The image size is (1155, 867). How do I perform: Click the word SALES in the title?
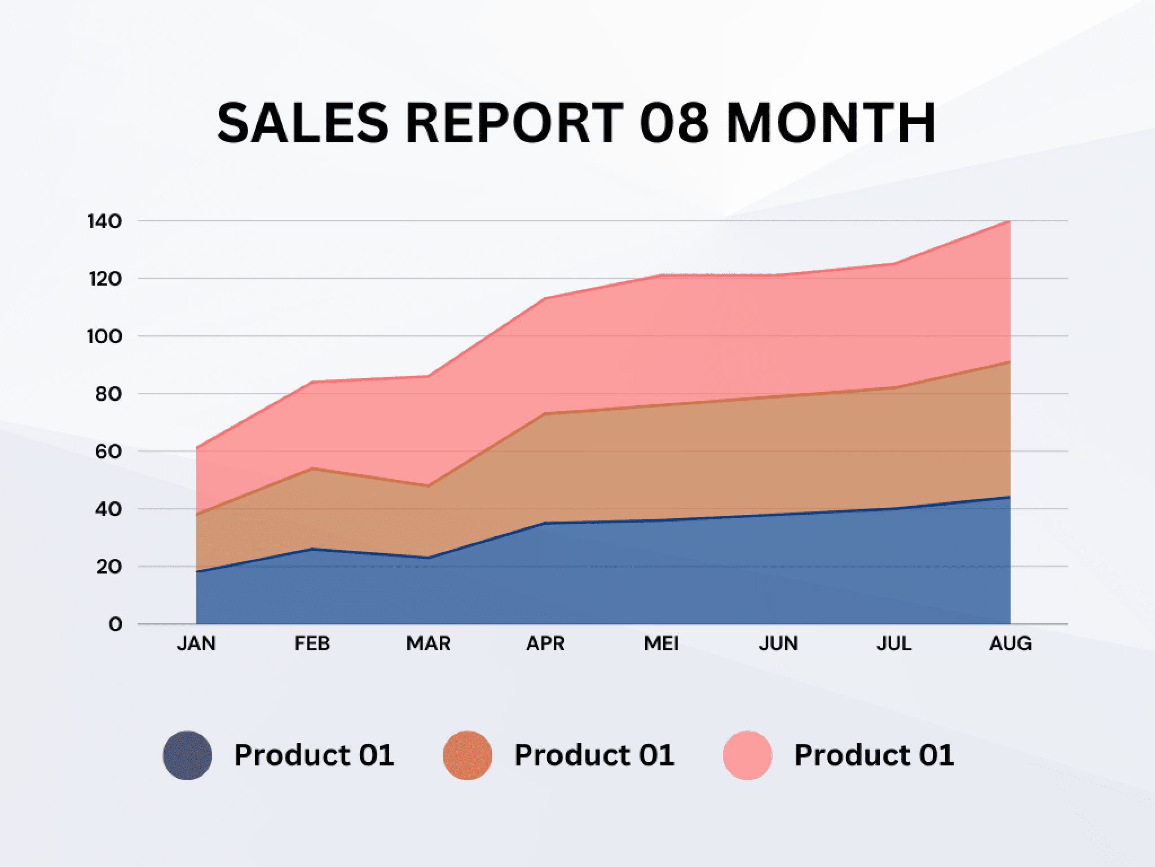pyautogui.click(x=303, y=123)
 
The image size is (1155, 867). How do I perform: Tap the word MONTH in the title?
pyautogui.click(x=831, y=123)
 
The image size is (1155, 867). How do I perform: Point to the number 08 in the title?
pyautogui.click(x=674, y=123)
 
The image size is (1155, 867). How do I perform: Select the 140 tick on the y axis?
pyautogui.click(x=105, y=221)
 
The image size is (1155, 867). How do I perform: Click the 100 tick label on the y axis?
pyautogui.click(x=104, y=336)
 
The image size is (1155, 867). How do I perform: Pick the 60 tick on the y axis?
pyautogui.click(x=108, y=452)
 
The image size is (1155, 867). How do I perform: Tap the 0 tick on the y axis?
pyautogui.click(x=116, y=624)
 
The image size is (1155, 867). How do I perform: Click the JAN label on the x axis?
pyautogui.click(x=196, y=643)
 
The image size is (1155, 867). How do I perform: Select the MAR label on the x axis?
pyautogui.click(x=429, y=643)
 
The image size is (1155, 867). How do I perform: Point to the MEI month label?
pyautogui.click(x=662, y=643)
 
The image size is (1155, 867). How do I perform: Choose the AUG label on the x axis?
pyautogui.click(x=1011, y=643)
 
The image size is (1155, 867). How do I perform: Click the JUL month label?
pyautogui.click(x=894, y=643)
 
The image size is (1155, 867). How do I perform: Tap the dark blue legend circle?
pyautogui.click(x=188, y=755)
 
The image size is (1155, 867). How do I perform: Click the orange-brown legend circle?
pyautogui.click(x=468, y=755)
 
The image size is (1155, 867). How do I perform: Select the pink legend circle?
pyautogui.click(x=747, y=755)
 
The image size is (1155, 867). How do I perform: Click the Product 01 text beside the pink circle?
pyautogui.click(x=874, y=755)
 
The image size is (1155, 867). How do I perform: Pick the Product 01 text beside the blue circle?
pyautogui.click(x=314, y=755)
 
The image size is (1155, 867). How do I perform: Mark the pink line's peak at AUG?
pyautogui.click(x=1009, y=221)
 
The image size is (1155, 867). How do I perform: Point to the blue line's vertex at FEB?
pyautogui.click(x=312, y=549)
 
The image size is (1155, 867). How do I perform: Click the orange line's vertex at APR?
pyautogui.click(x=545, y=414)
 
